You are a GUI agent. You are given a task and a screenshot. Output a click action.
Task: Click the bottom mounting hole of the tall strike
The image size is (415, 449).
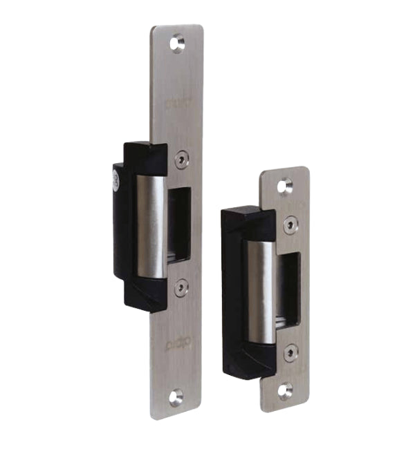pyautogui.click(x=177, y=397)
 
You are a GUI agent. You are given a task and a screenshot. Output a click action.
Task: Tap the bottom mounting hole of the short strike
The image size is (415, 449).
pyautogui.click(x=285, y=390)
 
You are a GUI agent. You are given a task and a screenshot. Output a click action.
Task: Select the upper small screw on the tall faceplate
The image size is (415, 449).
pyautogui.click(x=181, y=158)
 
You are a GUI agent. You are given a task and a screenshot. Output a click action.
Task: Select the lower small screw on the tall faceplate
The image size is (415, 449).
pyautogui.click(x=181, y=287)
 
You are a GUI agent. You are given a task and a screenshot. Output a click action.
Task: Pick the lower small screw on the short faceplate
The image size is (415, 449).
pyautogui.click(x=291, y=350)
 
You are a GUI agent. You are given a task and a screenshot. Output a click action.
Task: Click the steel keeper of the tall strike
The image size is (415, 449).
pyautogui.click(x=151, y=224)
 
